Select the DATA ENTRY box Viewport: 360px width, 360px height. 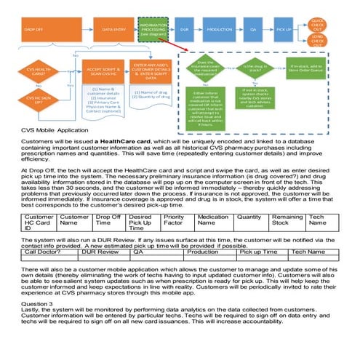112,30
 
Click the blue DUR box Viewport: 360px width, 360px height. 185,30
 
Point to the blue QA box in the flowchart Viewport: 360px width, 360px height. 254,30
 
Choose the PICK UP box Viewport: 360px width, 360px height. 284,30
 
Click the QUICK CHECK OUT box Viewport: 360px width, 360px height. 317,23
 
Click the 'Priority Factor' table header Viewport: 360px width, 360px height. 174,199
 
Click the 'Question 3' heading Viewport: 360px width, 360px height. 38,302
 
